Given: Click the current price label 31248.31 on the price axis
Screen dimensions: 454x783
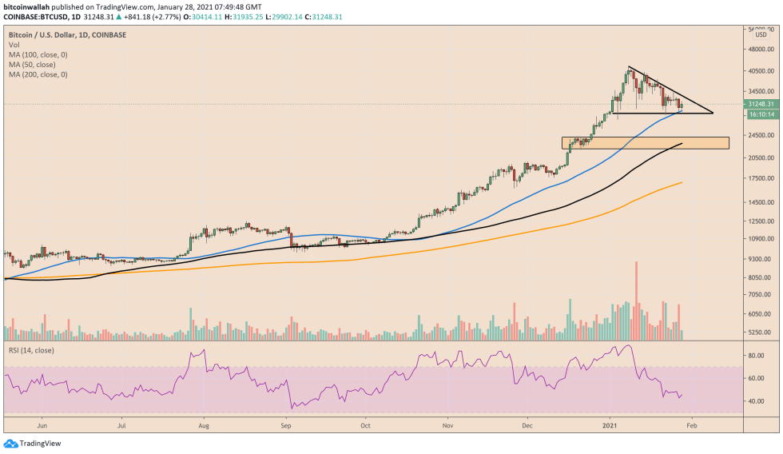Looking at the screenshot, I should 761,104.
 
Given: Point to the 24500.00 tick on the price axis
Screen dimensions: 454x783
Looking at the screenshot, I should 760,135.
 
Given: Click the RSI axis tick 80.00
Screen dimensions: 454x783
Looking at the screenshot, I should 756,354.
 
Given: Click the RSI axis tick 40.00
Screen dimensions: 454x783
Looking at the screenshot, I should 756,400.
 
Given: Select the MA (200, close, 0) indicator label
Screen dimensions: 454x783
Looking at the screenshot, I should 38,74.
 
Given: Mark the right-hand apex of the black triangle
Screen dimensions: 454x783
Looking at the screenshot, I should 712,113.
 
